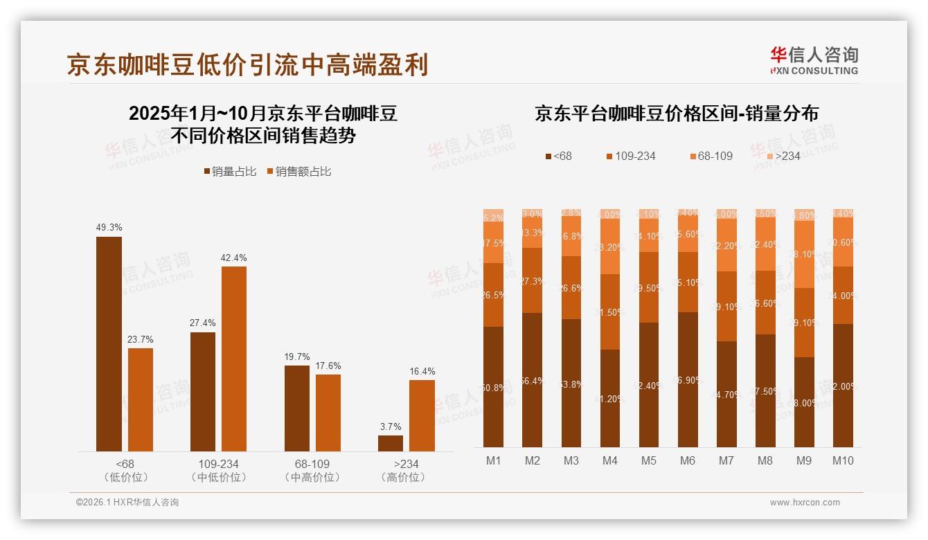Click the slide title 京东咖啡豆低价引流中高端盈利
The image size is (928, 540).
[x=247, y=64]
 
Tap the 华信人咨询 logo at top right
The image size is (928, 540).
[x=814, y=60]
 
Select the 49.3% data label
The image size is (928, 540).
[x=109, y=227]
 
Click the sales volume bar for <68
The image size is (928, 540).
[x=109, y=344]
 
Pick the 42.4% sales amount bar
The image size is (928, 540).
[x=234, y=359]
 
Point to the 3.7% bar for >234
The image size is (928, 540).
[x=391, y=443]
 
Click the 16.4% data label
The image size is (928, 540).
[x=422, y=371]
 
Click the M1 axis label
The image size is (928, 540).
[x=493, y=461]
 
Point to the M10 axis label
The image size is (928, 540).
[x=843, y=461]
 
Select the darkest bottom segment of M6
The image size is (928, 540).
[x=688, y=379]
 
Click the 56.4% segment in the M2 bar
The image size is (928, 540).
[x=532, y=380]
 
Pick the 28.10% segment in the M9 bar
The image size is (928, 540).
[x=804, y=254]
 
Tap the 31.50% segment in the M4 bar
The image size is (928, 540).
[x=610, y=312]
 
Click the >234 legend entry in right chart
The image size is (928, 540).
[x=782, y=156]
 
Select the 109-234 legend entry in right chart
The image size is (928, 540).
[x=630, y=156]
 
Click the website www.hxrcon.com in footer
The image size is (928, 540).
[x=805, y=503]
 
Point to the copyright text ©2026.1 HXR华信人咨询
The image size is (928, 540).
[x=127, y=503]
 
